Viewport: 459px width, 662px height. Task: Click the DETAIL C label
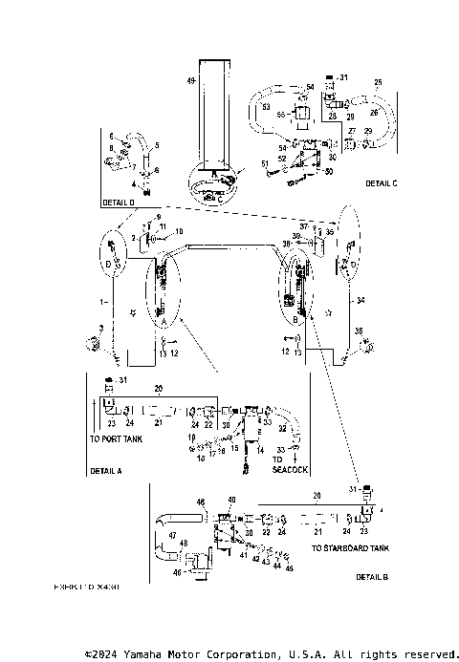click(381, 182)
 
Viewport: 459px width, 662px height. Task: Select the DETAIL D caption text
click(119, 203)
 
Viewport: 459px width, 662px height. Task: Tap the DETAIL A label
click(105, 471)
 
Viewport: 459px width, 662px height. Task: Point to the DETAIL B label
click(371, 577)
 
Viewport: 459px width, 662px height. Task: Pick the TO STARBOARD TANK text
click(350, 548)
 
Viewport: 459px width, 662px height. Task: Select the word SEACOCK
click(290, 470)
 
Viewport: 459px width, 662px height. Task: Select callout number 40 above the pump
click(231, 500)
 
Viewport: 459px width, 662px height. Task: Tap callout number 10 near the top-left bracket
click(178, 232)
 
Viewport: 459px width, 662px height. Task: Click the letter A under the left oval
click(163, 323)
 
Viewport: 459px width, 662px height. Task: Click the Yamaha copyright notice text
click(272, 654)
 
